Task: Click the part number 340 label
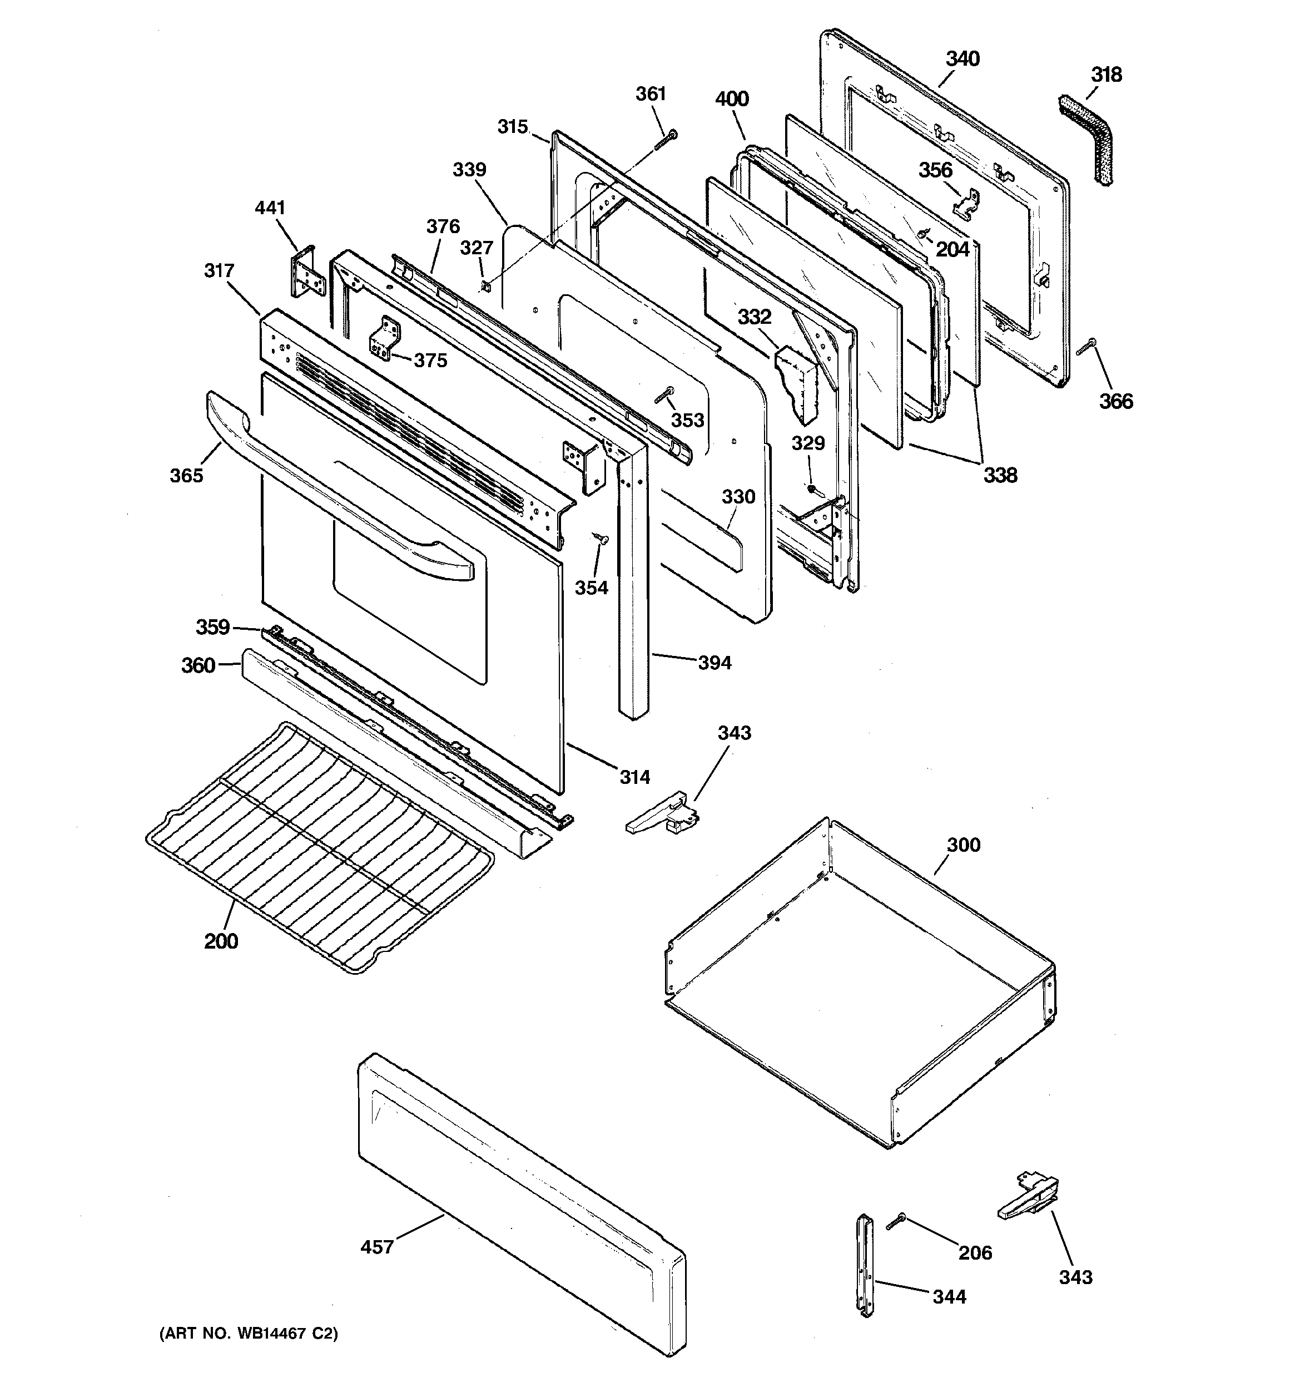pos(962,59)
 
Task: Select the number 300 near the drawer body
pos(963,845)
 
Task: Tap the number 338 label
pos(1000,475)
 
